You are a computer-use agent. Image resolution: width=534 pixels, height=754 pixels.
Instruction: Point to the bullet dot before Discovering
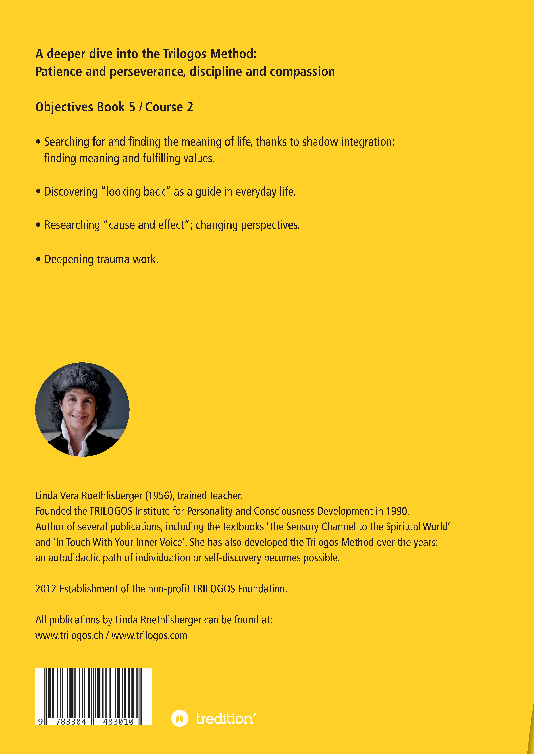[38, 192]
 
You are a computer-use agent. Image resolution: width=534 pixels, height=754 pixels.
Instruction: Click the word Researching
[72, 225]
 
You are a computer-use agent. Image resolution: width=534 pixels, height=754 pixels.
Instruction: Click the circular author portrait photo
[82, 409]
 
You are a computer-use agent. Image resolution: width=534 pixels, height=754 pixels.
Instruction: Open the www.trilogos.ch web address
[69, 635]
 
